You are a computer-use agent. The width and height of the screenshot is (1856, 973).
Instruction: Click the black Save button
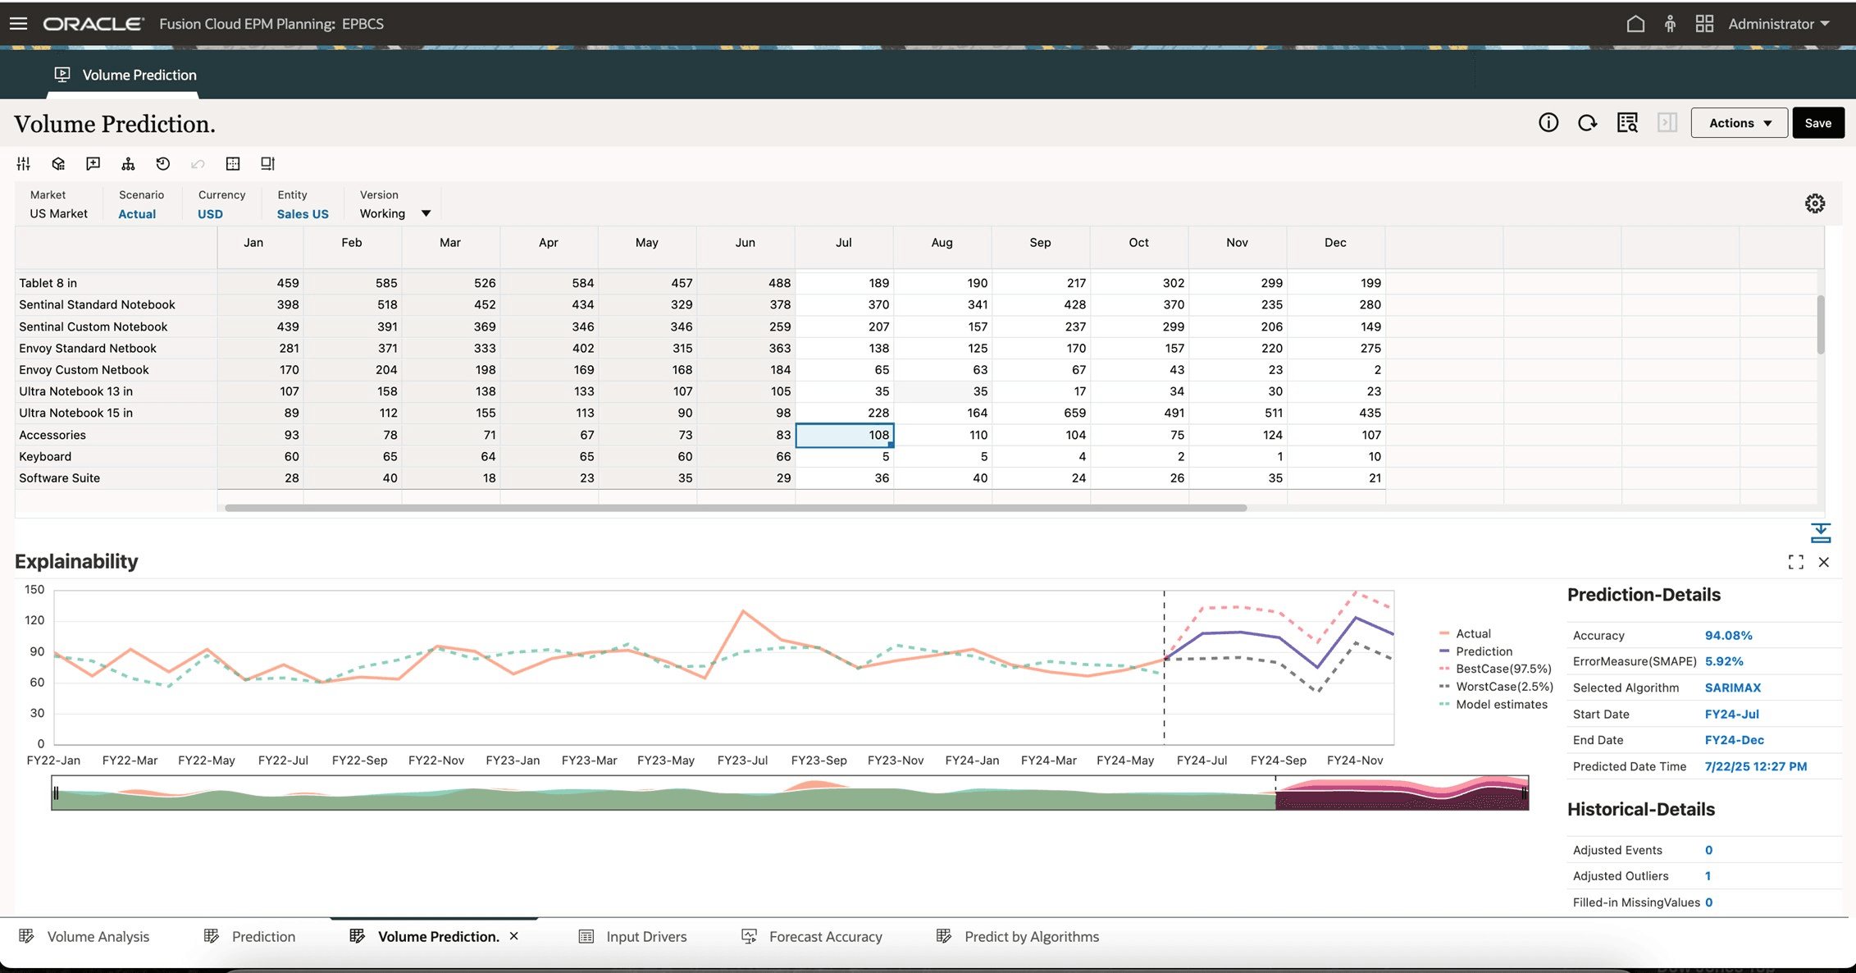tap(1817, 123)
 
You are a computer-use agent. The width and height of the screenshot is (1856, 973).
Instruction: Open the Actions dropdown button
tap(1739, 123)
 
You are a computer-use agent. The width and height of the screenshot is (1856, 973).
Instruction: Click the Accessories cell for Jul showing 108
tap(845, 435)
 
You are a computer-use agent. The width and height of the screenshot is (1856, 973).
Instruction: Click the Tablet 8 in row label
tap(48, 283)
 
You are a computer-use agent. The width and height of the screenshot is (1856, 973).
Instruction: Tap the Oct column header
tap(1138, 243)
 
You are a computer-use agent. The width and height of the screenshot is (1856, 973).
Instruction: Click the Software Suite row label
tap(60, 478)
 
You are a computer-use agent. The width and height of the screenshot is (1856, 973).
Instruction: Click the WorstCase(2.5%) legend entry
tap(1504, 687)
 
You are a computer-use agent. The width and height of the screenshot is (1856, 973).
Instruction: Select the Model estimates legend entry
tap(1501, 705)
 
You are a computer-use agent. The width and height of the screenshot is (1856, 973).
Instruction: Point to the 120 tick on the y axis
tap(34, 620)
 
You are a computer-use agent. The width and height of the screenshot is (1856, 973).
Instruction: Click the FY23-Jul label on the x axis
tap(742, 761)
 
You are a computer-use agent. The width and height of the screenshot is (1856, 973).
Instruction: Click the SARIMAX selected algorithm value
tap(1732, 687)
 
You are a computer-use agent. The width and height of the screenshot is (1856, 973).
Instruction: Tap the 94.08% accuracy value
tap(1728, 636)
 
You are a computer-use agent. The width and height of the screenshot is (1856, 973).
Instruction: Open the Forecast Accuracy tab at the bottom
tap(825, 937)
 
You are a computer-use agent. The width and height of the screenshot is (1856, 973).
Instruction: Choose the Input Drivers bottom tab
tap(645, 937)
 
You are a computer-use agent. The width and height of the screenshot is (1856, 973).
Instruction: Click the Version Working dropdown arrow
tap(426, 214)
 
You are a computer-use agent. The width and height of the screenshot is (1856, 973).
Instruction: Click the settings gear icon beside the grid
tap(1814, 203)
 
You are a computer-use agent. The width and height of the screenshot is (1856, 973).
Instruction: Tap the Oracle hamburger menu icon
tap(18, 24)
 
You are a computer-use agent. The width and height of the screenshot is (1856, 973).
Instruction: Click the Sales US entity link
tap(303, 214)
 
